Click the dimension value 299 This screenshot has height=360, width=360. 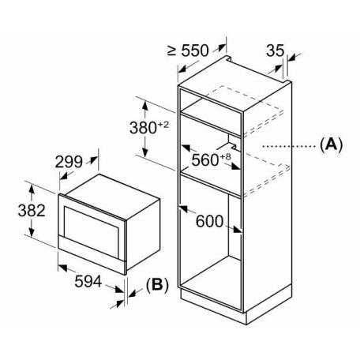[69, 162]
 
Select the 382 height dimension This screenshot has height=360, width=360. [32, 211]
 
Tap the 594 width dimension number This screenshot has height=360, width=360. [88, 281]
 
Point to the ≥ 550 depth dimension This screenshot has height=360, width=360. [188, 51]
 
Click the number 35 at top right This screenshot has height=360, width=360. [276, 51]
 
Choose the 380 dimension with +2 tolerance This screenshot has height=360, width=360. [149, 128]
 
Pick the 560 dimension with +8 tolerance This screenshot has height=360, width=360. [211, 159]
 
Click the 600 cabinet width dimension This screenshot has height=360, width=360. [210, 221]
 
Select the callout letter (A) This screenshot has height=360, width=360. [332, 144]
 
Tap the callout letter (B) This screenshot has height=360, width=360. [157, 285]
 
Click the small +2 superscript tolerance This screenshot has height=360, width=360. [163, 125]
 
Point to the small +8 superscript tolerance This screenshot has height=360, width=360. [225, 156]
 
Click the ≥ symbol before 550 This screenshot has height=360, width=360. [171, 51]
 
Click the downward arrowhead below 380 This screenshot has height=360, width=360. [145, 152]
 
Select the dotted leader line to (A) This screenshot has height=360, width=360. [289, 146]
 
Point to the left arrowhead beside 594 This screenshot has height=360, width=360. [63, 268]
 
